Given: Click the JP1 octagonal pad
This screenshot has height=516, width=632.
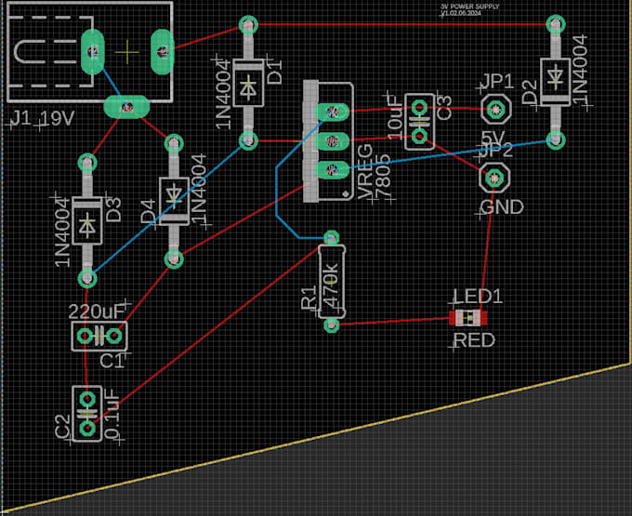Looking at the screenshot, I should tap(495, 111).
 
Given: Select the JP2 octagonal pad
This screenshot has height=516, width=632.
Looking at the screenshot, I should tap(494, 176).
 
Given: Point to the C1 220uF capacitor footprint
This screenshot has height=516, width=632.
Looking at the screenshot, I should tap(99, 335).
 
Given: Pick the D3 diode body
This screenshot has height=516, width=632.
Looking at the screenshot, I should tap(87, 220).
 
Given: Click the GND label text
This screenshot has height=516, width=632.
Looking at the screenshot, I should tap(501, 206).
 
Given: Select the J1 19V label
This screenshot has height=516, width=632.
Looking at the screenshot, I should tap(41, 119).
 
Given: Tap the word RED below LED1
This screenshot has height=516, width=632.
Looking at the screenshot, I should tap(474, 341).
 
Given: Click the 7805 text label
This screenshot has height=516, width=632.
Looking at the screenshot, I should tap(382, 185).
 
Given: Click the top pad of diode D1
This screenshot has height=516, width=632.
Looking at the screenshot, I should tap(248, 23).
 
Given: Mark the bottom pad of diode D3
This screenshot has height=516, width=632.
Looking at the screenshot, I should tap(87, 278).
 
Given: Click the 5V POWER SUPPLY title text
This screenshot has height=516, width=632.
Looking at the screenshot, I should tap(469, 7).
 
